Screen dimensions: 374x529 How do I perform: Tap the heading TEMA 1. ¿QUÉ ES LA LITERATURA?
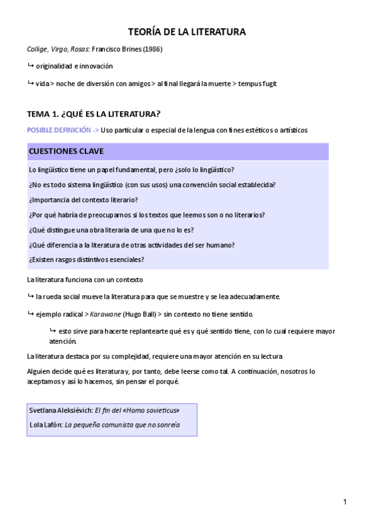point(94,114)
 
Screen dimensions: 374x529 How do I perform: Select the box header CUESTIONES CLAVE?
point(66,152)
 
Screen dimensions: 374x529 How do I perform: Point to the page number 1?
point(345,501)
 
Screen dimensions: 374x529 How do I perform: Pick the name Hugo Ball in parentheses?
point(138,314)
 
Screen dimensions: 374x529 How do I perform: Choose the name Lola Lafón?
point(46,424)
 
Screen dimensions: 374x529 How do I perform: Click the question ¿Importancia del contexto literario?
point(83,200)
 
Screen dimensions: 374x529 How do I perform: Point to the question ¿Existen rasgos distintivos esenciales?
point(87,259)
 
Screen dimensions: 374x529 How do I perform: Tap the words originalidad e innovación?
point(74,66)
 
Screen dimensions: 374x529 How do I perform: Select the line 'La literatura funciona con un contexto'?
point(86,279)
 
